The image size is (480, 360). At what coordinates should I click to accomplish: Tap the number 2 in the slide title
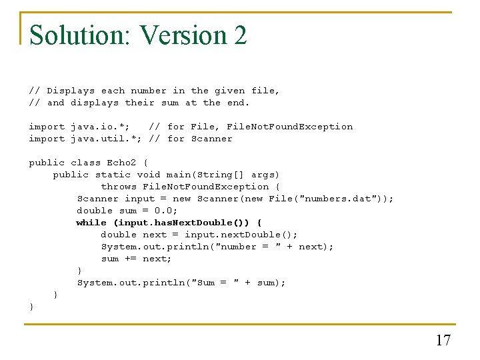pos(240,35)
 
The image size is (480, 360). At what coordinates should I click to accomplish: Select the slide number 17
pos(443,341)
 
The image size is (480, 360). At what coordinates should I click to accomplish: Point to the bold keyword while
pos(91,223)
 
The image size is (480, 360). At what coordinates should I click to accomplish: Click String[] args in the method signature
pos(230,175)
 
